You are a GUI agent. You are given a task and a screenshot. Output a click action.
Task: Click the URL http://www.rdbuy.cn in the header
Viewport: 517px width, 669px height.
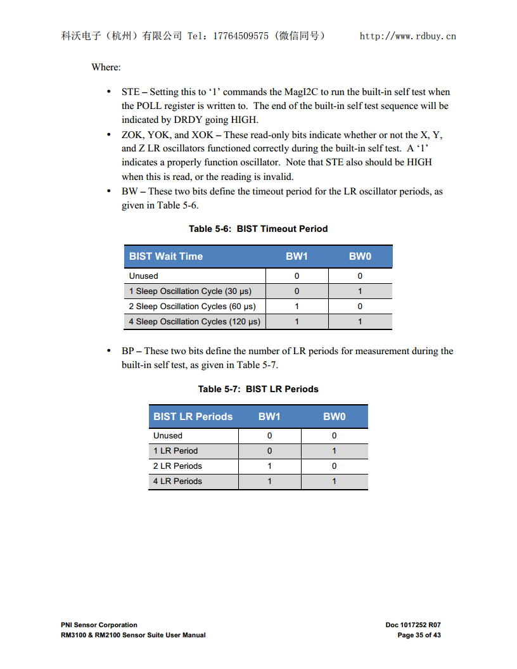click(x=407, y=36)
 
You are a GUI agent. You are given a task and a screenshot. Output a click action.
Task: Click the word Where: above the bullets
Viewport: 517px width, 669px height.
click(x=106, y=67)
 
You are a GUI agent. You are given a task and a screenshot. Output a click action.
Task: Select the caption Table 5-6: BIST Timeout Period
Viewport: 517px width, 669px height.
click(x=258, y=229)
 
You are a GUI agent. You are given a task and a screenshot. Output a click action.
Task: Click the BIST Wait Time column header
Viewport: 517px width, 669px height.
click(x=166, y=257)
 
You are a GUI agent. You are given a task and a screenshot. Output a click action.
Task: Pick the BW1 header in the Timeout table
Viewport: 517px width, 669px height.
click(x=297, y=257)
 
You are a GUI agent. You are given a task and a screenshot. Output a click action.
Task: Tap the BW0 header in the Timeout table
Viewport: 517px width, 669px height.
click(x=360, y=257)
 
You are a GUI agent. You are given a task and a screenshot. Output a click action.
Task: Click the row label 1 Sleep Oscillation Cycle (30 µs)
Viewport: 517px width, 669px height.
click(x=190, y=291)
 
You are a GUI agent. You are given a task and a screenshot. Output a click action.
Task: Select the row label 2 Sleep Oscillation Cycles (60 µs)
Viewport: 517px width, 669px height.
click(x=192, y=307)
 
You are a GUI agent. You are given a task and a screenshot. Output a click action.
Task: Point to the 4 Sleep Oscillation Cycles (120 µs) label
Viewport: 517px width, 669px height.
click(x=195, y=322)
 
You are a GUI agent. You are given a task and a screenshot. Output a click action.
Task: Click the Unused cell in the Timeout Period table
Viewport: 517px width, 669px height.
click(x=144, y=276)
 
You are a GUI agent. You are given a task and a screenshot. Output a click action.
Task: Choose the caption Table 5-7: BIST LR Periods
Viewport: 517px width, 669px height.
click(x=258, y=389)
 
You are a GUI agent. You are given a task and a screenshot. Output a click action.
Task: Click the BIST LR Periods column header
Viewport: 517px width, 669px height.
click(x=193, y=417)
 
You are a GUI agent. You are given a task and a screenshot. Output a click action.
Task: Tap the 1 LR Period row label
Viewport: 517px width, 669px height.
click(x=176, y=451)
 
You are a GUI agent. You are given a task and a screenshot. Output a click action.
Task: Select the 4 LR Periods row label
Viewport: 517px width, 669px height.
click(x=177, y=481)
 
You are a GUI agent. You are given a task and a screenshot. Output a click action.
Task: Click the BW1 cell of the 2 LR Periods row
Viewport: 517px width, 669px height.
click(x=269, y=466)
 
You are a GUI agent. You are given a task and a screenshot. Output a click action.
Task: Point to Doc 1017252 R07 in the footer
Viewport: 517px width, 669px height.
click(x=413, y=625)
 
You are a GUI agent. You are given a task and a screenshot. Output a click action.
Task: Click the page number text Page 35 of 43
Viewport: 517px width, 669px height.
click(x=419, y=635)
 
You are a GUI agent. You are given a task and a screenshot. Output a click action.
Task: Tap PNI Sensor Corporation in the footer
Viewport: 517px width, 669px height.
click(x=99, y=625)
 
